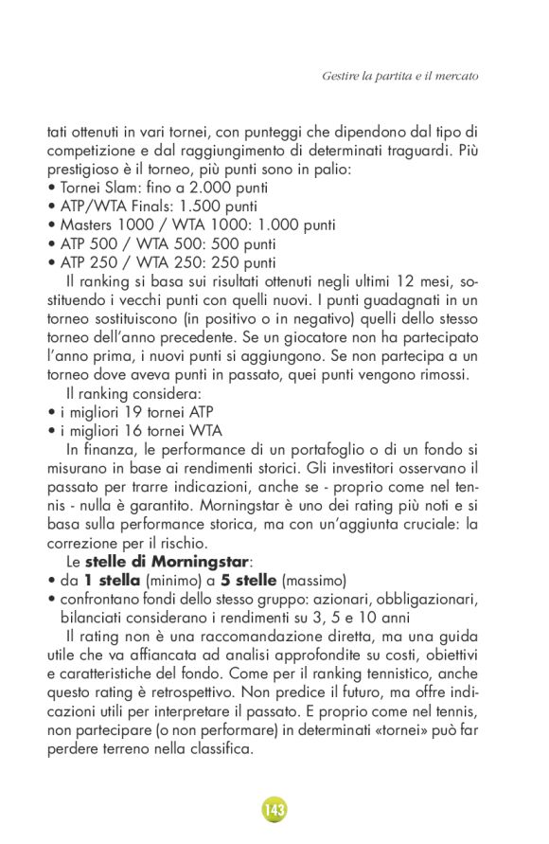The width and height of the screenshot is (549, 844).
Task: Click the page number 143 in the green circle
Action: pos(274,810)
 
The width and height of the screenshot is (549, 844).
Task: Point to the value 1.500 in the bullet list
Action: pos(200,206)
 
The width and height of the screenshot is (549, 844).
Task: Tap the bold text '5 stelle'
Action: pos(251,579)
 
